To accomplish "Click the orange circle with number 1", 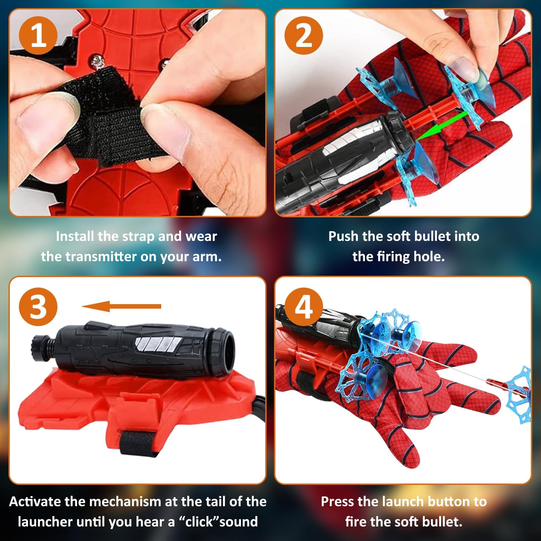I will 38,35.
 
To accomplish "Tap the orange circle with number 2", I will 303,35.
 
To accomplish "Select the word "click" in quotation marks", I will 201,522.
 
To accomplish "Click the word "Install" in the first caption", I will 75,236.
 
